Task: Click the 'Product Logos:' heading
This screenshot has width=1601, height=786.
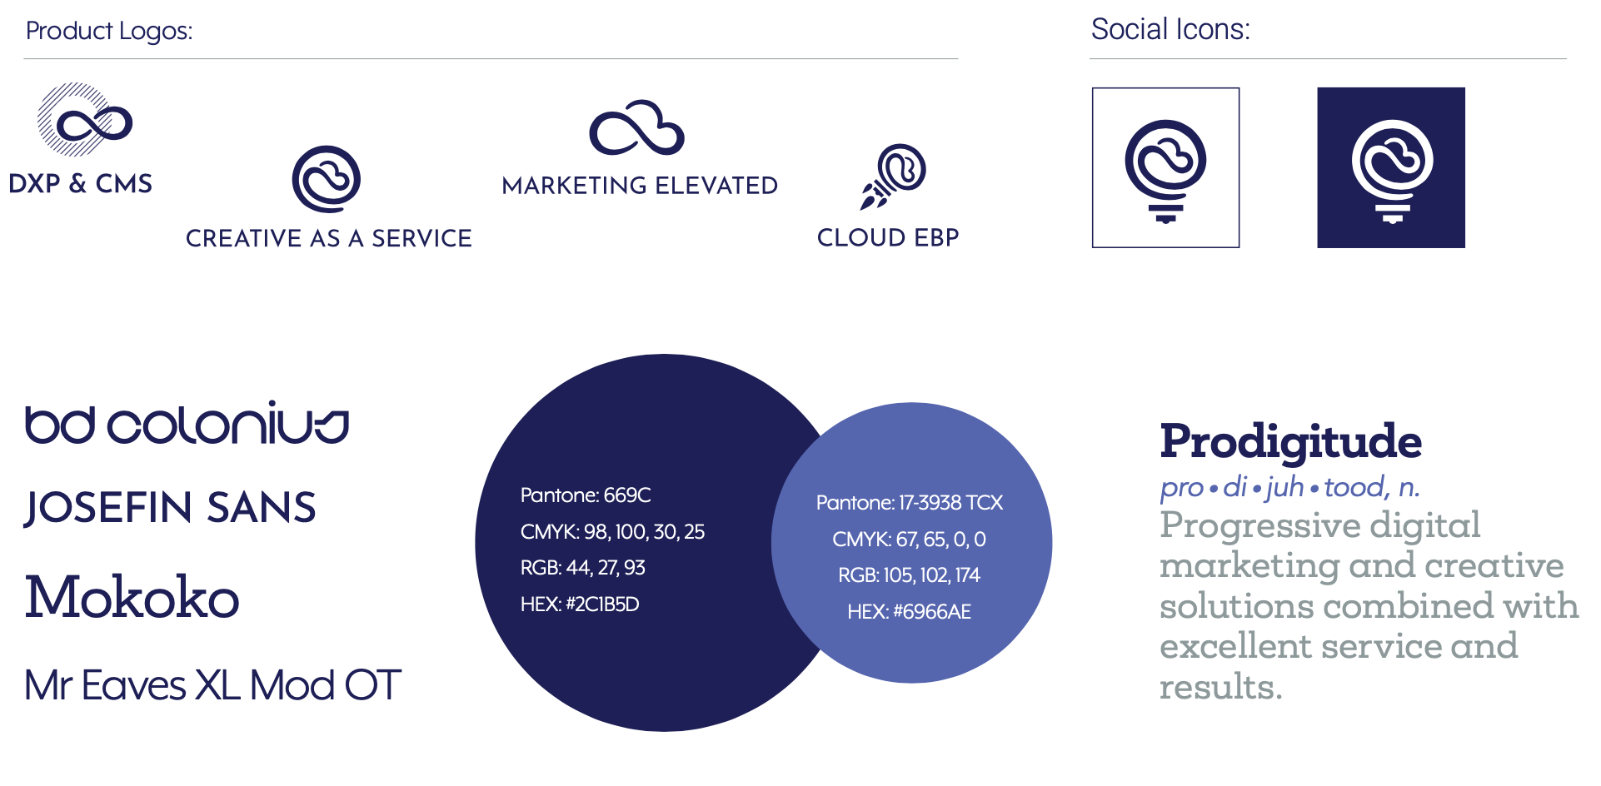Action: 109,31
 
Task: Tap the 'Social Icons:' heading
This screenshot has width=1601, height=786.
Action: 1170,29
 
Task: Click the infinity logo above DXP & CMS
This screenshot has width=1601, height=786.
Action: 85,120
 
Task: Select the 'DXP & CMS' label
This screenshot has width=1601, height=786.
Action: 81,183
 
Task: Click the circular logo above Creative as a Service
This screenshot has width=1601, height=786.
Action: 327,179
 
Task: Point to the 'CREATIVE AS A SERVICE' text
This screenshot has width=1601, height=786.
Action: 329,238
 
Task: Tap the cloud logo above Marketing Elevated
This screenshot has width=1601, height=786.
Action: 637,128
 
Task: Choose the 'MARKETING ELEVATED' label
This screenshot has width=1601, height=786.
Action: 640,185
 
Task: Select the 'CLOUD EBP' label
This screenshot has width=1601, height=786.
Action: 888,237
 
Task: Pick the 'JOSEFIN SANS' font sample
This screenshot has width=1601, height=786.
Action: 170,507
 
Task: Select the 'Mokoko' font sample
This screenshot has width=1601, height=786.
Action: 132,597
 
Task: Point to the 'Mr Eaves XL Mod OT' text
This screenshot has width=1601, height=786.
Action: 213,685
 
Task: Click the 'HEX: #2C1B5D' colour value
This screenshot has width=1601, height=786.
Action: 580,604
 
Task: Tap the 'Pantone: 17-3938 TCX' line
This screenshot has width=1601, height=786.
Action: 910,503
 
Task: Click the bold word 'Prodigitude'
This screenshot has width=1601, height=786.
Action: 1291,442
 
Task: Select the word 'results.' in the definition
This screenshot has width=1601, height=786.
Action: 1221,687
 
